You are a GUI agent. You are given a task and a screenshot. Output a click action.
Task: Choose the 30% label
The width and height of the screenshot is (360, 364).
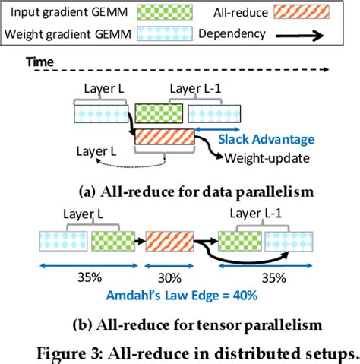click(169, 277)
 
